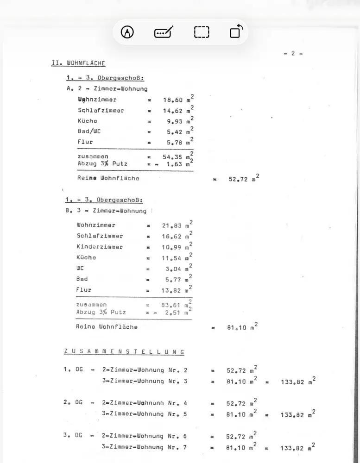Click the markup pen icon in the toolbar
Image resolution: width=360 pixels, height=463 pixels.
click(127, 32)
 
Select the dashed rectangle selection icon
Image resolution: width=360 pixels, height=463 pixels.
click(202, 32)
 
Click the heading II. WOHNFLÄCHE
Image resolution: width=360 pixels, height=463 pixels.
click(78, 63)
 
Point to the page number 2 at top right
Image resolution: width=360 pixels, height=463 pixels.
click(293, 53)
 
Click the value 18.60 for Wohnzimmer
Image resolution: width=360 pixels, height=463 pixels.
click(172, 100)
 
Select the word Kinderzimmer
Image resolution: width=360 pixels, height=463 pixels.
click(100, 247)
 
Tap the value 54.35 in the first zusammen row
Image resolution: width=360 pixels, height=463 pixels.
click(172, 157)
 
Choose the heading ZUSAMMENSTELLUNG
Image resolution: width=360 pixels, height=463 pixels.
click(124, 352)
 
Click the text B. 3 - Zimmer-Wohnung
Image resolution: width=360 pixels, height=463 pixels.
click(106, 211)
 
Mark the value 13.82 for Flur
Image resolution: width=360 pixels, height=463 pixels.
click(172, 290)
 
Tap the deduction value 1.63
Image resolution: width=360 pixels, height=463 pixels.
click(174, 164)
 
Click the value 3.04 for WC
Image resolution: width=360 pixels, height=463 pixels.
click(174, 269)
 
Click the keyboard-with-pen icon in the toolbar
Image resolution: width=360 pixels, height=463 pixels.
click(164, 32)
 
